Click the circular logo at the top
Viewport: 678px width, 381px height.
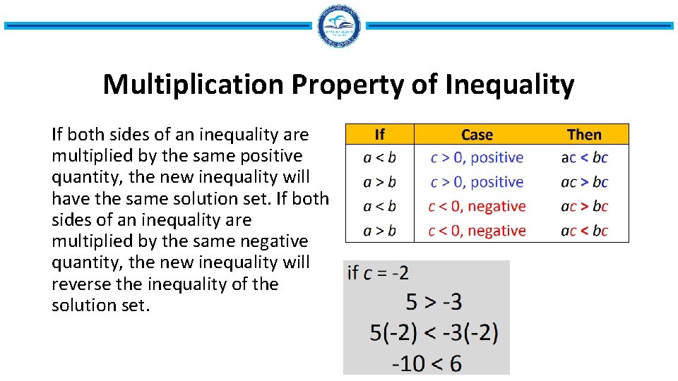click(339, 26)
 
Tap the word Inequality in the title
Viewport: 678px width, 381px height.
click(510, 85)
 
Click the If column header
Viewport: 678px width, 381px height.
click(379, 135)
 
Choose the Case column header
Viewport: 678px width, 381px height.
click(477, 135)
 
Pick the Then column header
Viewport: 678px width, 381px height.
click(584, 135)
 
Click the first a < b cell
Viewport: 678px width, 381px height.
click(379, 158)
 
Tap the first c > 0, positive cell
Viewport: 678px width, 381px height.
click(477, 158)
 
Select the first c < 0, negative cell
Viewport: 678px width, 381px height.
click(477, 207)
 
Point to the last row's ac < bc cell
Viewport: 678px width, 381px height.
click(584, 231)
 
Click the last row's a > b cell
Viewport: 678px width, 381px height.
click(379, 231)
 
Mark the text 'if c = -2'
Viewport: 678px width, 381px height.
click(378, 273)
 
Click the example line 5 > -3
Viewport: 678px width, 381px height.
click(434, 302)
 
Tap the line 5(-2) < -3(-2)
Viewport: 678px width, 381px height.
click(434, 332)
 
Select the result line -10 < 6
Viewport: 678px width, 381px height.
click(427, 363)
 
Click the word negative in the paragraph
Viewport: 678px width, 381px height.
click(275, 241)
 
